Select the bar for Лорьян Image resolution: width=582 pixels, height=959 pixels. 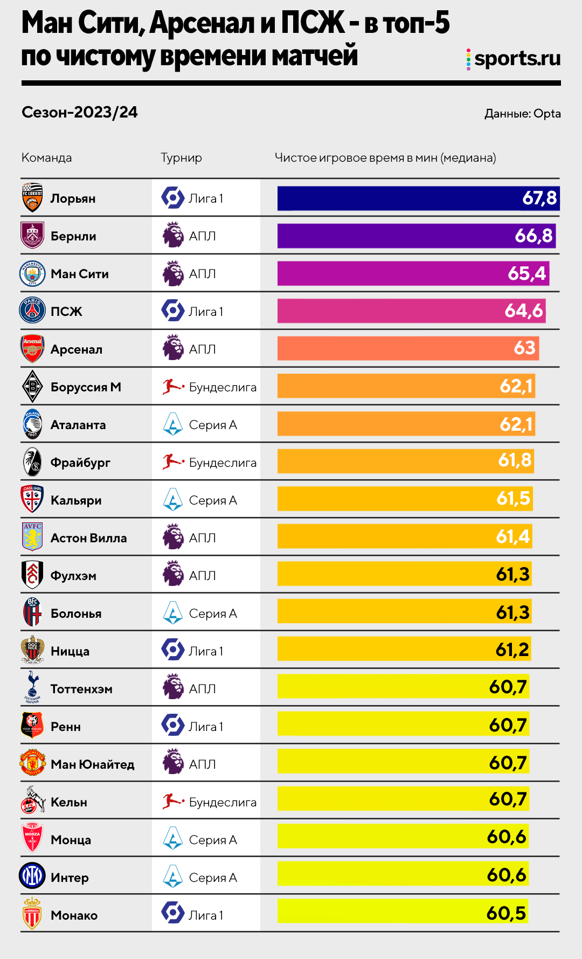418,198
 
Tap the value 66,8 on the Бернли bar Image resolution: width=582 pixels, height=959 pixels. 533,236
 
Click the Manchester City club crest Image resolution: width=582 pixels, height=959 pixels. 32,274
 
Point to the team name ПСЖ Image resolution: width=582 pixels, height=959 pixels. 66,312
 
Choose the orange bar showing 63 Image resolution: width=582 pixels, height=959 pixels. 408,349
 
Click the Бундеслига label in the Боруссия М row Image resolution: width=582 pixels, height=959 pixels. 223,387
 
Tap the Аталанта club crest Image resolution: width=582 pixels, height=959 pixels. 32,425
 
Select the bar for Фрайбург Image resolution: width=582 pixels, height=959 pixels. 405,461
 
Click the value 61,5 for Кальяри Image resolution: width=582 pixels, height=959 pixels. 513,499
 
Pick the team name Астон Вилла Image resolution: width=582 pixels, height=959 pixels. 88,538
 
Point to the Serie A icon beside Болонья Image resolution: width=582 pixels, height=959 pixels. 172,613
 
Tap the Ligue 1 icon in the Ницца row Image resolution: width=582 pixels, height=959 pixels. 173,650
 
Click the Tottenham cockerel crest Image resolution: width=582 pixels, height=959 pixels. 32,687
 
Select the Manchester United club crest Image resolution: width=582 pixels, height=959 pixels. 32,763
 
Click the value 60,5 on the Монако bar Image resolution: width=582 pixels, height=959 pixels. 505,913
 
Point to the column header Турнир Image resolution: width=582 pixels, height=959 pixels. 181,158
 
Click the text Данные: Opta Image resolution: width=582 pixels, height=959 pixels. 522,114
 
